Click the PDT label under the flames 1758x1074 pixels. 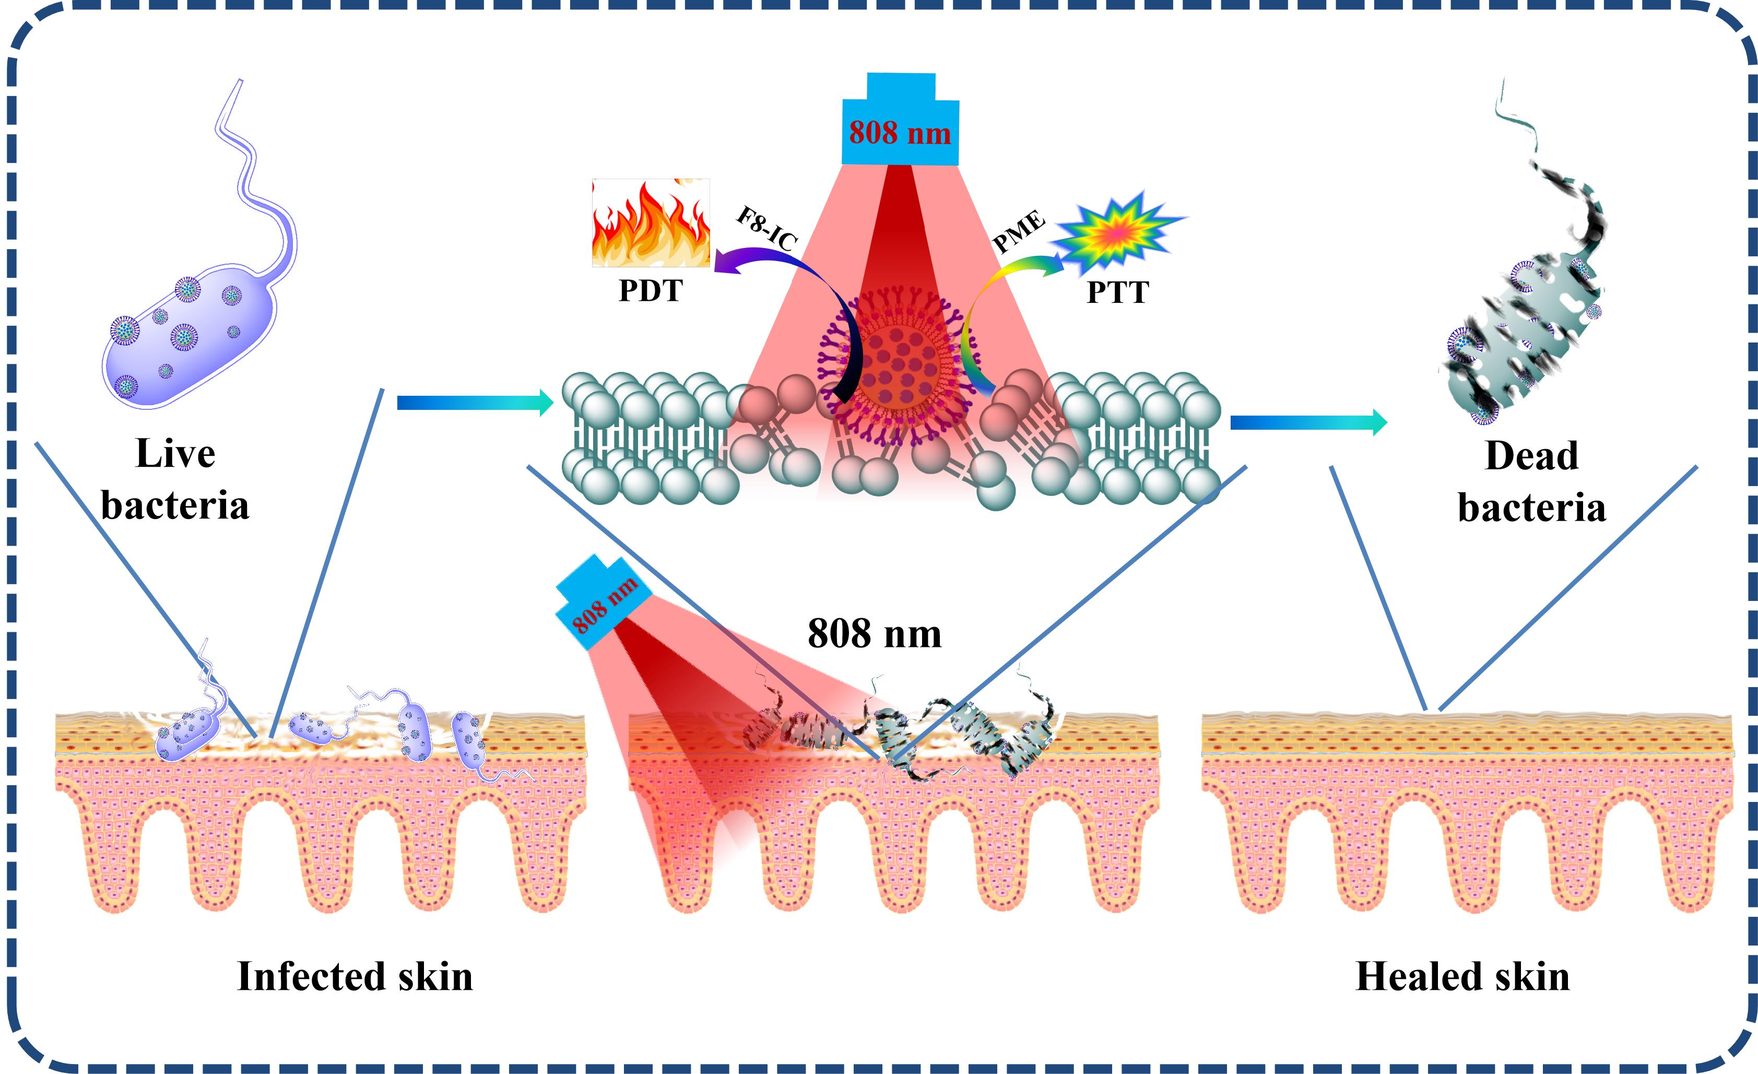pos(650,290)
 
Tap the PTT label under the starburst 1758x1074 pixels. pos(1117,292)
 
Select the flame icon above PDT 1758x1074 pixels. pos(651,222)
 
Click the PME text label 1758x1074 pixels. pos(1019,232)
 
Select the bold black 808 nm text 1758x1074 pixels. pos(874,633)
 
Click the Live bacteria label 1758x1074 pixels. pos(175,479)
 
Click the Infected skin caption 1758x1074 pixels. pos(355,976)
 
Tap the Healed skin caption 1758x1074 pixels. pos(1462,976)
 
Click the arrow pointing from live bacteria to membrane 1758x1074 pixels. pos(475,403)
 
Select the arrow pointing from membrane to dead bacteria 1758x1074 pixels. pos(1308,423)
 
